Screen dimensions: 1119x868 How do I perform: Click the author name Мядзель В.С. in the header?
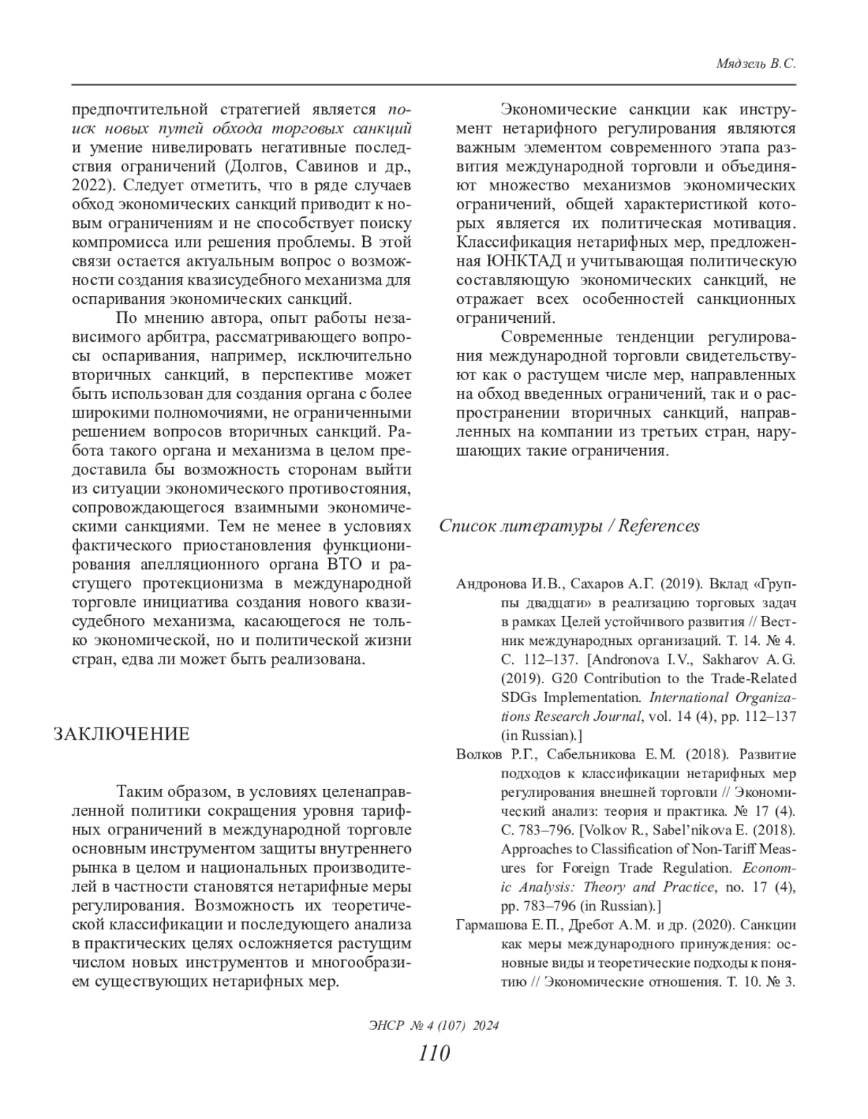click(x=755, y=64)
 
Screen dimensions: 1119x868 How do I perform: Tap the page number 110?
click(x=434, y=1052)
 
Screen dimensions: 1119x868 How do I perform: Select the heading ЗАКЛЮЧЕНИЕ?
click(x=122, y=734)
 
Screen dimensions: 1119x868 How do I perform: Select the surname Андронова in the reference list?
click(x=493, y=583)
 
